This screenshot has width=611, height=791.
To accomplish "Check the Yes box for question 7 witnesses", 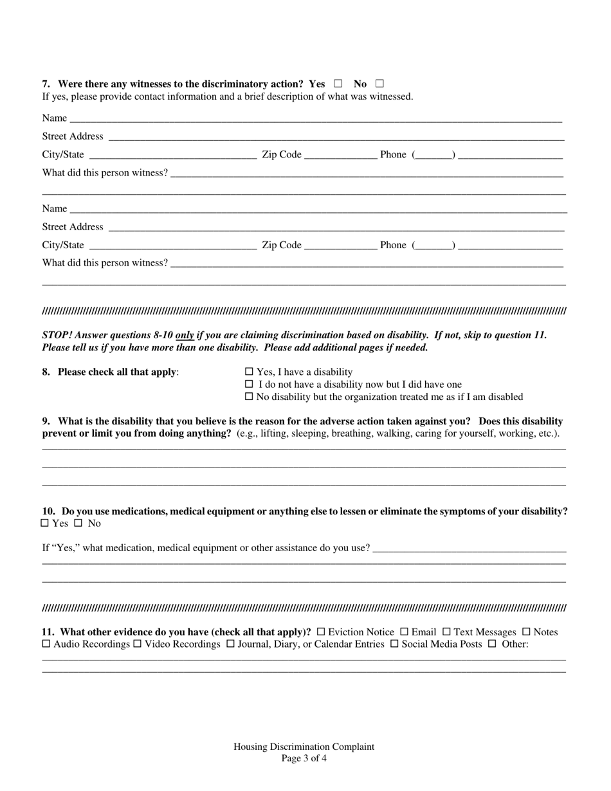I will (x=338, y=84).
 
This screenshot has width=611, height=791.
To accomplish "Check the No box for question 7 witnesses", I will (x=379, y=84).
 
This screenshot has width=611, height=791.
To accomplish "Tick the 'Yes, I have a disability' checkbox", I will (x=250, y=372).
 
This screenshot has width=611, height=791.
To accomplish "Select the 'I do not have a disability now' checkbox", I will (x=250, y=385).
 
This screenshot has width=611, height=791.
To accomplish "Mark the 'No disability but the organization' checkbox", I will (x=250, y=397).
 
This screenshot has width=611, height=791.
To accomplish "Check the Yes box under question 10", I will (x=45, y=523).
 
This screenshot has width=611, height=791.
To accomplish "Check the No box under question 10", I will (x=78, y=523).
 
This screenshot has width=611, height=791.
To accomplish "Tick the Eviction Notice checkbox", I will (x=321, y=632).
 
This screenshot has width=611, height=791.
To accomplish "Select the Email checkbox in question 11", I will (x=405, y=632).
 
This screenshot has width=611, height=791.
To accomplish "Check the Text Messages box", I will (x=446, y=632).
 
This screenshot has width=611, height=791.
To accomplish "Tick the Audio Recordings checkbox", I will (x=46, y=644).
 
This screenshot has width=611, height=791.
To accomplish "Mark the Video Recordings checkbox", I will (x=137, y=644).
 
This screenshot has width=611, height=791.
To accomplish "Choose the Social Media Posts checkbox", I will (x=394, y=644).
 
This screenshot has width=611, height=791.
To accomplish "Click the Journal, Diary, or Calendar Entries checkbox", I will (x=230, y=644).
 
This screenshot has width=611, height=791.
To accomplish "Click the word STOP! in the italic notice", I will (x=57, y=335).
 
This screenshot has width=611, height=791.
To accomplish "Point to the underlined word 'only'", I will (x=185, y=335).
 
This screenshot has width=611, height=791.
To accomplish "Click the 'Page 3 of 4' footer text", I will (x=304, y=758).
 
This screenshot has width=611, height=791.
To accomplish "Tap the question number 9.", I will (x=46, y=421).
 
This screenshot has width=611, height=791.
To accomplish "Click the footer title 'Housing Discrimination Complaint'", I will (x=304, y=747).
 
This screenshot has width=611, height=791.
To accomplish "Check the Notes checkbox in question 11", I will (x=526, y=632).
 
